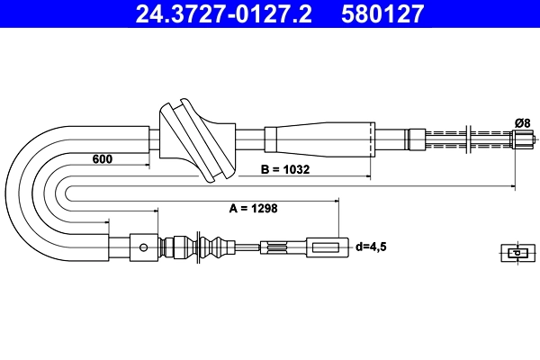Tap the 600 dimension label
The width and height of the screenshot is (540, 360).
point(103,159)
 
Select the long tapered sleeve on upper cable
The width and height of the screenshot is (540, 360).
point(319,139)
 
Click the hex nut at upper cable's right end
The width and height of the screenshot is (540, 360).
point(522,139)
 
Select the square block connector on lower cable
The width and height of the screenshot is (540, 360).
point(141,245)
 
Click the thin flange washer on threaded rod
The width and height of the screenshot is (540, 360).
point(472,139)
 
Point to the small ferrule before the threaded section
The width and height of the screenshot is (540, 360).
point(416,139)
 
